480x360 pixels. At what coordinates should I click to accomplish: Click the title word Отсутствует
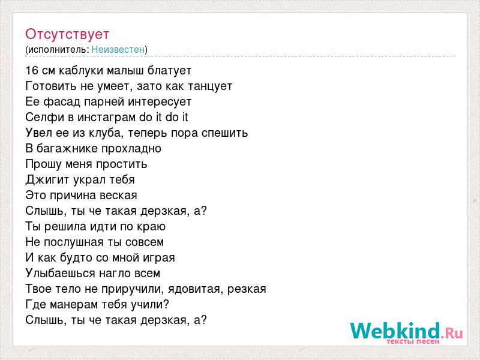(67, 35)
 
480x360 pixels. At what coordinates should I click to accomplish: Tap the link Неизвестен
(118, 49)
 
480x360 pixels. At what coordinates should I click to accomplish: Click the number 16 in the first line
(32, 70)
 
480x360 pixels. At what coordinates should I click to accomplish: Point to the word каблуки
(81, 71)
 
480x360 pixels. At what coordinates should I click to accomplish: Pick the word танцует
(209, 86)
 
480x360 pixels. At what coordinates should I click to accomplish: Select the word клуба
(104, 133)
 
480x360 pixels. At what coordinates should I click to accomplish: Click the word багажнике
(67, 149)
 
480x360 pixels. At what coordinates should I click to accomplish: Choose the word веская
(118, 196)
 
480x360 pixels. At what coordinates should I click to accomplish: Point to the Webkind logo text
(395, 331)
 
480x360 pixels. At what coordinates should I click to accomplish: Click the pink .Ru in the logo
(452, 333)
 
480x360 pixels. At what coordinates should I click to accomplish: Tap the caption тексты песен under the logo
(413, 341)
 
